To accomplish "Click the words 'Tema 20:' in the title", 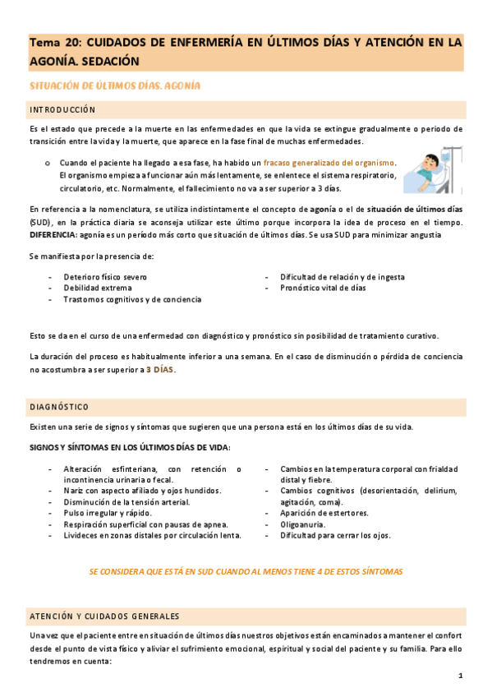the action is click(55, 41).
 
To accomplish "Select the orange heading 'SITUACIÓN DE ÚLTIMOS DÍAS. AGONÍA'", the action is click(115, 85).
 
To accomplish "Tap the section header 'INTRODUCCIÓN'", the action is click(62, 109).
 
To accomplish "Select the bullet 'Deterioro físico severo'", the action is click(105, 277).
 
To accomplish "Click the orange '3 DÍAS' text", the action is click(160, 370).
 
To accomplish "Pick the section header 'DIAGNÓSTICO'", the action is click(59, 407).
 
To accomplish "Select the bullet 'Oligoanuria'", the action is click(302, 524).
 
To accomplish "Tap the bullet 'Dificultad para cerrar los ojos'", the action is click(335, 535).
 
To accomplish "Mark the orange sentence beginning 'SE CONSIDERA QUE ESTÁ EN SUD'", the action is click(246, 571).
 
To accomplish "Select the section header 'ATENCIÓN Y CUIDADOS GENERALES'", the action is click(104, 616).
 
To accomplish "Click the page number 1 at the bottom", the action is click(461, 676).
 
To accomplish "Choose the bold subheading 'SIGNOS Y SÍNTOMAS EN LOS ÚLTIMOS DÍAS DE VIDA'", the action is click(130, 446).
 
